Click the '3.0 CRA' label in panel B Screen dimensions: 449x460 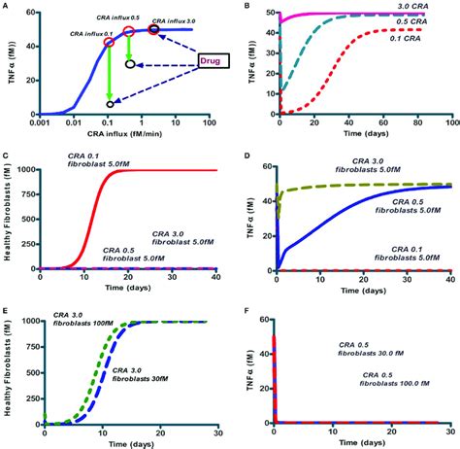pos(421,9)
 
